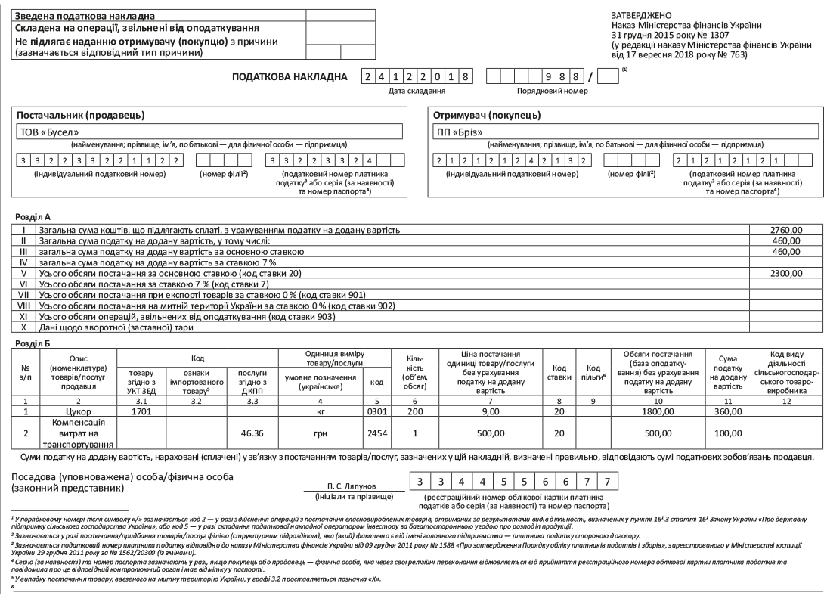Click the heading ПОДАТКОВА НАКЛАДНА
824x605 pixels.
click(x=290, y=76)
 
